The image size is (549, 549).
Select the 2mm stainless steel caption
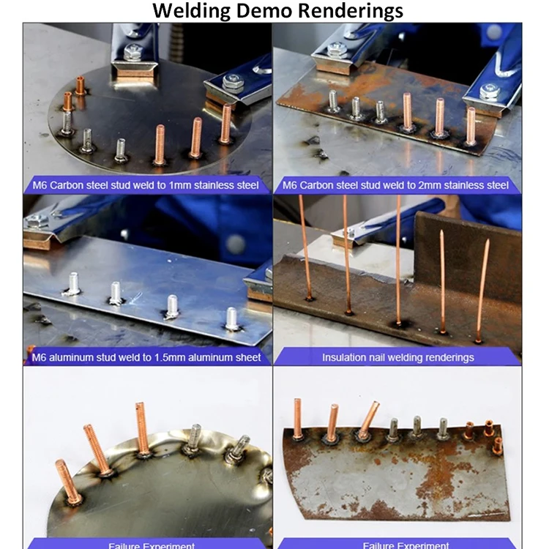[395, 185]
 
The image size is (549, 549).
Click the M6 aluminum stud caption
[146, 357]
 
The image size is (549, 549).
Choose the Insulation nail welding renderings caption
[397, 357]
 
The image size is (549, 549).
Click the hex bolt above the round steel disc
[132, 51]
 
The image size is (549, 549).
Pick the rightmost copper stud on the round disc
[225, 124]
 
